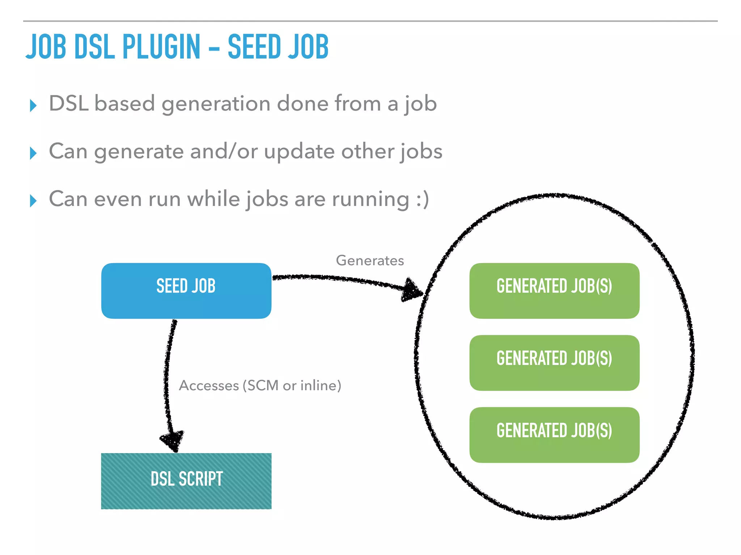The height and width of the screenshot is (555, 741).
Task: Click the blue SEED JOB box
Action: (186, 291)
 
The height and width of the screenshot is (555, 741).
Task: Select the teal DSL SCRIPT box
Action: (186, 481)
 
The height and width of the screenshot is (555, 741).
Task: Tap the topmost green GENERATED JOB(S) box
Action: (554, 291)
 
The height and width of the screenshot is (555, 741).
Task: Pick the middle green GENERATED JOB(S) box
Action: (554, 363)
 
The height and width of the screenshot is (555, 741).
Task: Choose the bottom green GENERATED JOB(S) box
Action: (554, 435)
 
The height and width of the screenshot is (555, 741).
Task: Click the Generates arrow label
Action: (370, 261)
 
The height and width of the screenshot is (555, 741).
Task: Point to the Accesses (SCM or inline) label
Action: (260, 386)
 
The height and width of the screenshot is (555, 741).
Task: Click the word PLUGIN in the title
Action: (161, 47)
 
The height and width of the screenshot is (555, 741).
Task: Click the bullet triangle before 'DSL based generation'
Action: (33, 106)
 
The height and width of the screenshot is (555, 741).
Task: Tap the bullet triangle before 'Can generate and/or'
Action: (33, 153)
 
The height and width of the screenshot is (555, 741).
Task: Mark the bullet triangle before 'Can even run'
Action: (33, 201)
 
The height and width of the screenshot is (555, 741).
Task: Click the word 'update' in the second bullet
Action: (300, 152)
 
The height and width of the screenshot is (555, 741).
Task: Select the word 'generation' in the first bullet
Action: (216, 104)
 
